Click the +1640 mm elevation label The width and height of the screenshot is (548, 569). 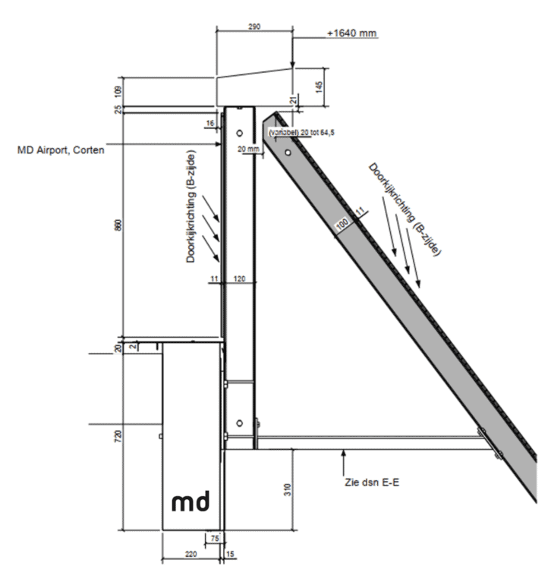[x=352, y=34]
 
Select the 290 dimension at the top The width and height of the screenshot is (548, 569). [x=254, y=27]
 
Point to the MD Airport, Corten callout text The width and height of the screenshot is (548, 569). [x=61, y=149]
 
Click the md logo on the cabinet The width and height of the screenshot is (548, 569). [x=191, y=502]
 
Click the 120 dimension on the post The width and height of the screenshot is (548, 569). [x=240, y=279]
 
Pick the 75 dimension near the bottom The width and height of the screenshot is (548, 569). [x=215, y=538]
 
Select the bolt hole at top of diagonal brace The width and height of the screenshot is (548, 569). [x=287, y=152]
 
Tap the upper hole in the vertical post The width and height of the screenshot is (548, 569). [x=240, y=133]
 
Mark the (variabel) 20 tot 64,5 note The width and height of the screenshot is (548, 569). [x=301, y=133]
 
